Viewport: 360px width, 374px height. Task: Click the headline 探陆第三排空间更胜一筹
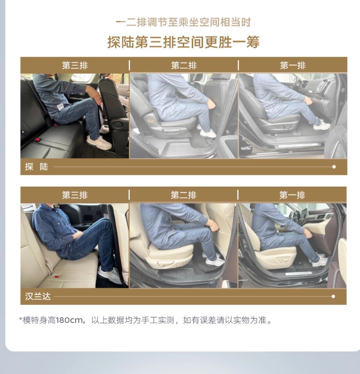point(183,42)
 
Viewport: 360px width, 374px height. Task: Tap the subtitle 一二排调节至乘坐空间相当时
point(183,23)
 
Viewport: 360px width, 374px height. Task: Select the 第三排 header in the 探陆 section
point(75,65)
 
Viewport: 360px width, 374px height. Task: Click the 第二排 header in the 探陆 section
point(183,65)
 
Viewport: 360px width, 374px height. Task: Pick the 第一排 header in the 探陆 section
point(292,65)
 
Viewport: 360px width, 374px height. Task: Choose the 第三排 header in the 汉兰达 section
point(75,195)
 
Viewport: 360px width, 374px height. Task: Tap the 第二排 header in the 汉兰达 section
point(183,195)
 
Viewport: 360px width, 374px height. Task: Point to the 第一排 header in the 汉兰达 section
point(292,195)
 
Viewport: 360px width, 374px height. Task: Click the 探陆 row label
point(36,167)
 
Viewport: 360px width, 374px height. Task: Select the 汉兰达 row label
point(38,297)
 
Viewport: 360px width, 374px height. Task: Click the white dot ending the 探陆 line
point(334,167)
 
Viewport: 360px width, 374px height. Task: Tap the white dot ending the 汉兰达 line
point(333,297)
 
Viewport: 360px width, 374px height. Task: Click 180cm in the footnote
point(69,320)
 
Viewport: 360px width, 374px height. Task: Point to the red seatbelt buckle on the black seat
point(38,140)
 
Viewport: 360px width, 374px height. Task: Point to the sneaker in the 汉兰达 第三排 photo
point(110,275)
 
